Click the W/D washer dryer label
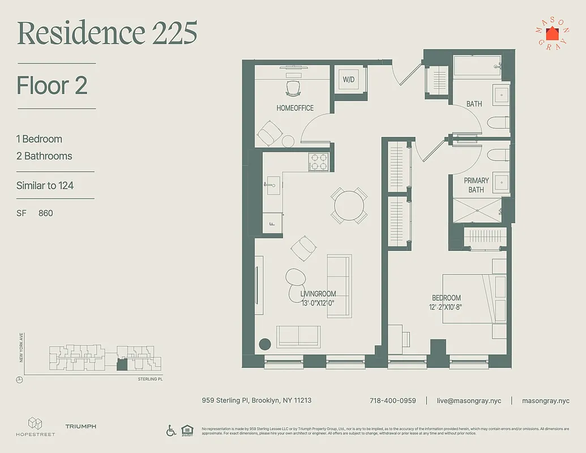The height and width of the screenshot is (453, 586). [x=348, y=80]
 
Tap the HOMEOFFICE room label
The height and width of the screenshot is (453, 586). [x=294, y=108]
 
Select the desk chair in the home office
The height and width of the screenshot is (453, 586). [x=293, y=87]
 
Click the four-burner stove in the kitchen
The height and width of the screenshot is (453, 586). [x=318, y=162]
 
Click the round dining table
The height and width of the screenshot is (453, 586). [x=349, y=206]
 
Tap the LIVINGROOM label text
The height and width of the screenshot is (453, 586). [x=318, y=294]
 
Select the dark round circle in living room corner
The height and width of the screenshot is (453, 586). [x=265, y=344]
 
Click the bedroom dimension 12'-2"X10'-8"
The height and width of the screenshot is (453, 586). [x=446, y=307]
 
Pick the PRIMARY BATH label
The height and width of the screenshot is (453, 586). [x=476, y=185]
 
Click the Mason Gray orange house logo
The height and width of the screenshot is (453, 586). [x=551, y=33]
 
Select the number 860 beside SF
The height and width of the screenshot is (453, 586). [x=46, y=213]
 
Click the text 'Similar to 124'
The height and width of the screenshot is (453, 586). [x=45, y=185]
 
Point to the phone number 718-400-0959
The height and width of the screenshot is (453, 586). [x=392, y=400]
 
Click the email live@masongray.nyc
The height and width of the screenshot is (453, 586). [x=469, y=400]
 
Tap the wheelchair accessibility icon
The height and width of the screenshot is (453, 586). [x=171, y=430]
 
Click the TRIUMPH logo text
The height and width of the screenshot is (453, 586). [x=80, y=426]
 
